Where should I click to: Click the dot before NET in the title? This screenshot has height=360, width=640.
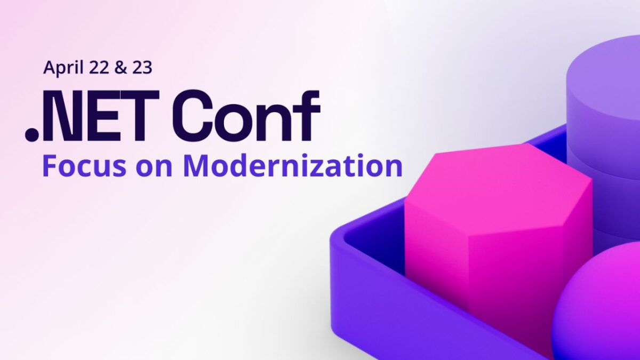[x=32, y=134]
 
